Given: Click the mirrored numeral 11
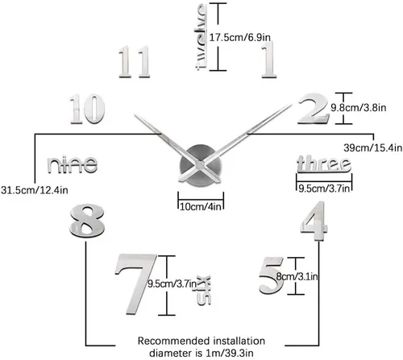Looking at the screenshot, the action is pyautogui.click(x=135, y=62).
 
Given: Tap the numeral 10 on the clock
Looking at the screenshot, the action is pyautogui.click(x=87, y=109).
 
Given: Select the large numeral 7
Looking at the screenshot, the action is pyautogui.click(x=136, y=284).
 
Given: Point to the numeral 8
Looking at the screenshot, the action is pyautogui.click(x=87, y=221).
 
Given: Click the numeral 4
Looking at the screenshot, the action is pyautogui.click(x=314, y=221).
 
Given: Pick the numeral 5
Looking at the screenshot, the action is pyautogui.click(x=271, y=275).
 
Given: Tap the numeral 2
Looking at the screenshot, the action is pyautogui.click(x=314, y=109).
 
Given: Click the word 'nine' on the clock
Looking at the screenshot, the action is pyautogui.click(x=73, y=164).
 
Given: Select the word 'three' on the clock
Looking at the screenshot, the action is pyautogui.click(x=324, y=163).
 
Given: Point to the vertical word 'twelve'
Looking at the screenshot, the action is pyautogui.click(x=201, y=37).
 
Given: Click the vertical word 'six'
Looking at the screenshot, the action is pyautogui.click(x=204, y=290).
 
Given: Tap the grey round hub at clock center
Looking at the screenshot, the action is pyautogui.click(x=201, y=165).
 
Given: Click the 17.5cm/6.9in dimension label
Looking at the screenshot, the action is pyautogui.click(x=240, y=37).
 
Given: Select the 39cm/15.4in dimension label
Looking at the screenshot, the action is pyautogui.click(x=373, y=147).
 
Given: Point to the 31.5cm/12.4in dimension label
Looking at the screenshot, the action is pyautogui.click(x=35, y=190).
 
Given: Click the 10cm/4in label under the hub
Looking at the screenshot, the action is pyautogui.click(x=201, y=206).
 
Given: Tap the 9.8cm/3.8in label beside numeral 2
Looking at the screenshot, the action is pyautogui.click(x=359, y=108).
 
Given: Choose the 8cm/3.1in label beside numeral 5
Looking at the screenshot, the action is pyautogui.click(x=297, y=276).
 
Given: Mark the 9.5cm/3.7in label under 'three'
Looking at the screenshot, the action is pyautogui.click(x=324, y=188).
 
